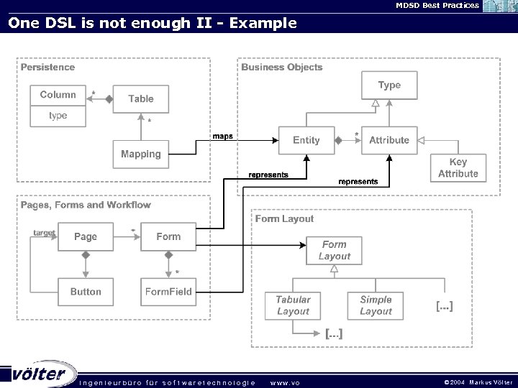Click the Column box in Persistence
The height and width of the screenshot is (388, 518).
[x=58, y=95]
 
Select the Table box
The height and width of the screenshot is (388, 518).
[x=141, y=98]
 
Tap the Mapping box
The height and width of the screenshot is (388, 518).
[x=141, y=154]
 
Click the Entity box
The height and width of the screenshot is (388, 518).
[x=306, y=140]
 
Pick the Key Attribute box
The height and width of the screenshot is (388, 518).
[x=458, y=168]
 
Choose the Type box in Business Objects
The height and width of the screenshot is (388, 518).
[x=389, y=85]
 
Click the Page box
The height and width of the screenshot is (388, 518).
[x=85, y=236]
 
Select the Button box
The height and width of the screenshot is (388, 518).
[x=86, y=292]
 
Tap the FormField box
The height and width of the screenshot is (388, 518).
[x=168, y=292]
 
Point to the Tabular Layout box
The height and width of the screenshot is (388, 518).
[x=293, y=305]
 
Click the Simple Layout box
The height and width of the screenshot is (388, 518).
[x=376, y=305]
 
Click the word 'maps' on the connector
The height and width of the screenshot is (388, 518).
[x=222, y=136]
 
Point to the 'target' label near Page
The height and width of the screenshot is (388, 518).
[x=45, y=233]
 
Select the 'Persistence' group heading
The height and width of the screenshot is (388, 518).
[x=47, y=67]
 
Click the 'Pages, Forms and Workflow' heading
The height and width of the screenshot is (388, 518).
[x=86, y=205]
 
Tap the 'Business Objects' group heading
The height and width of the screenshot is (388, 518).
[x=282, y=67]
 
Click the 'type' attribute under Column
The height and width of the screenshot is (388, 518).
[x=58, y=116]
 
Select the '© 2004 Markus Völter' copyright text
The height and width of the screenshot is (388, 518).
[x=478, y=382]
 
